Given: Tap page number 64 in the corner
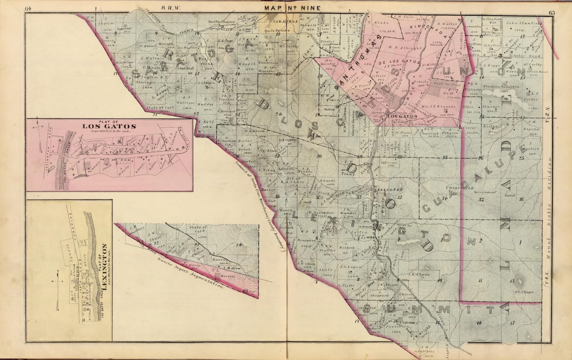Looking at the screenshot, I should click(28, 8).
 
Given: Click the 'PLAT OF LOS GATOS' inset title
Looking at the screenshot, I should click(109, 125).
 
